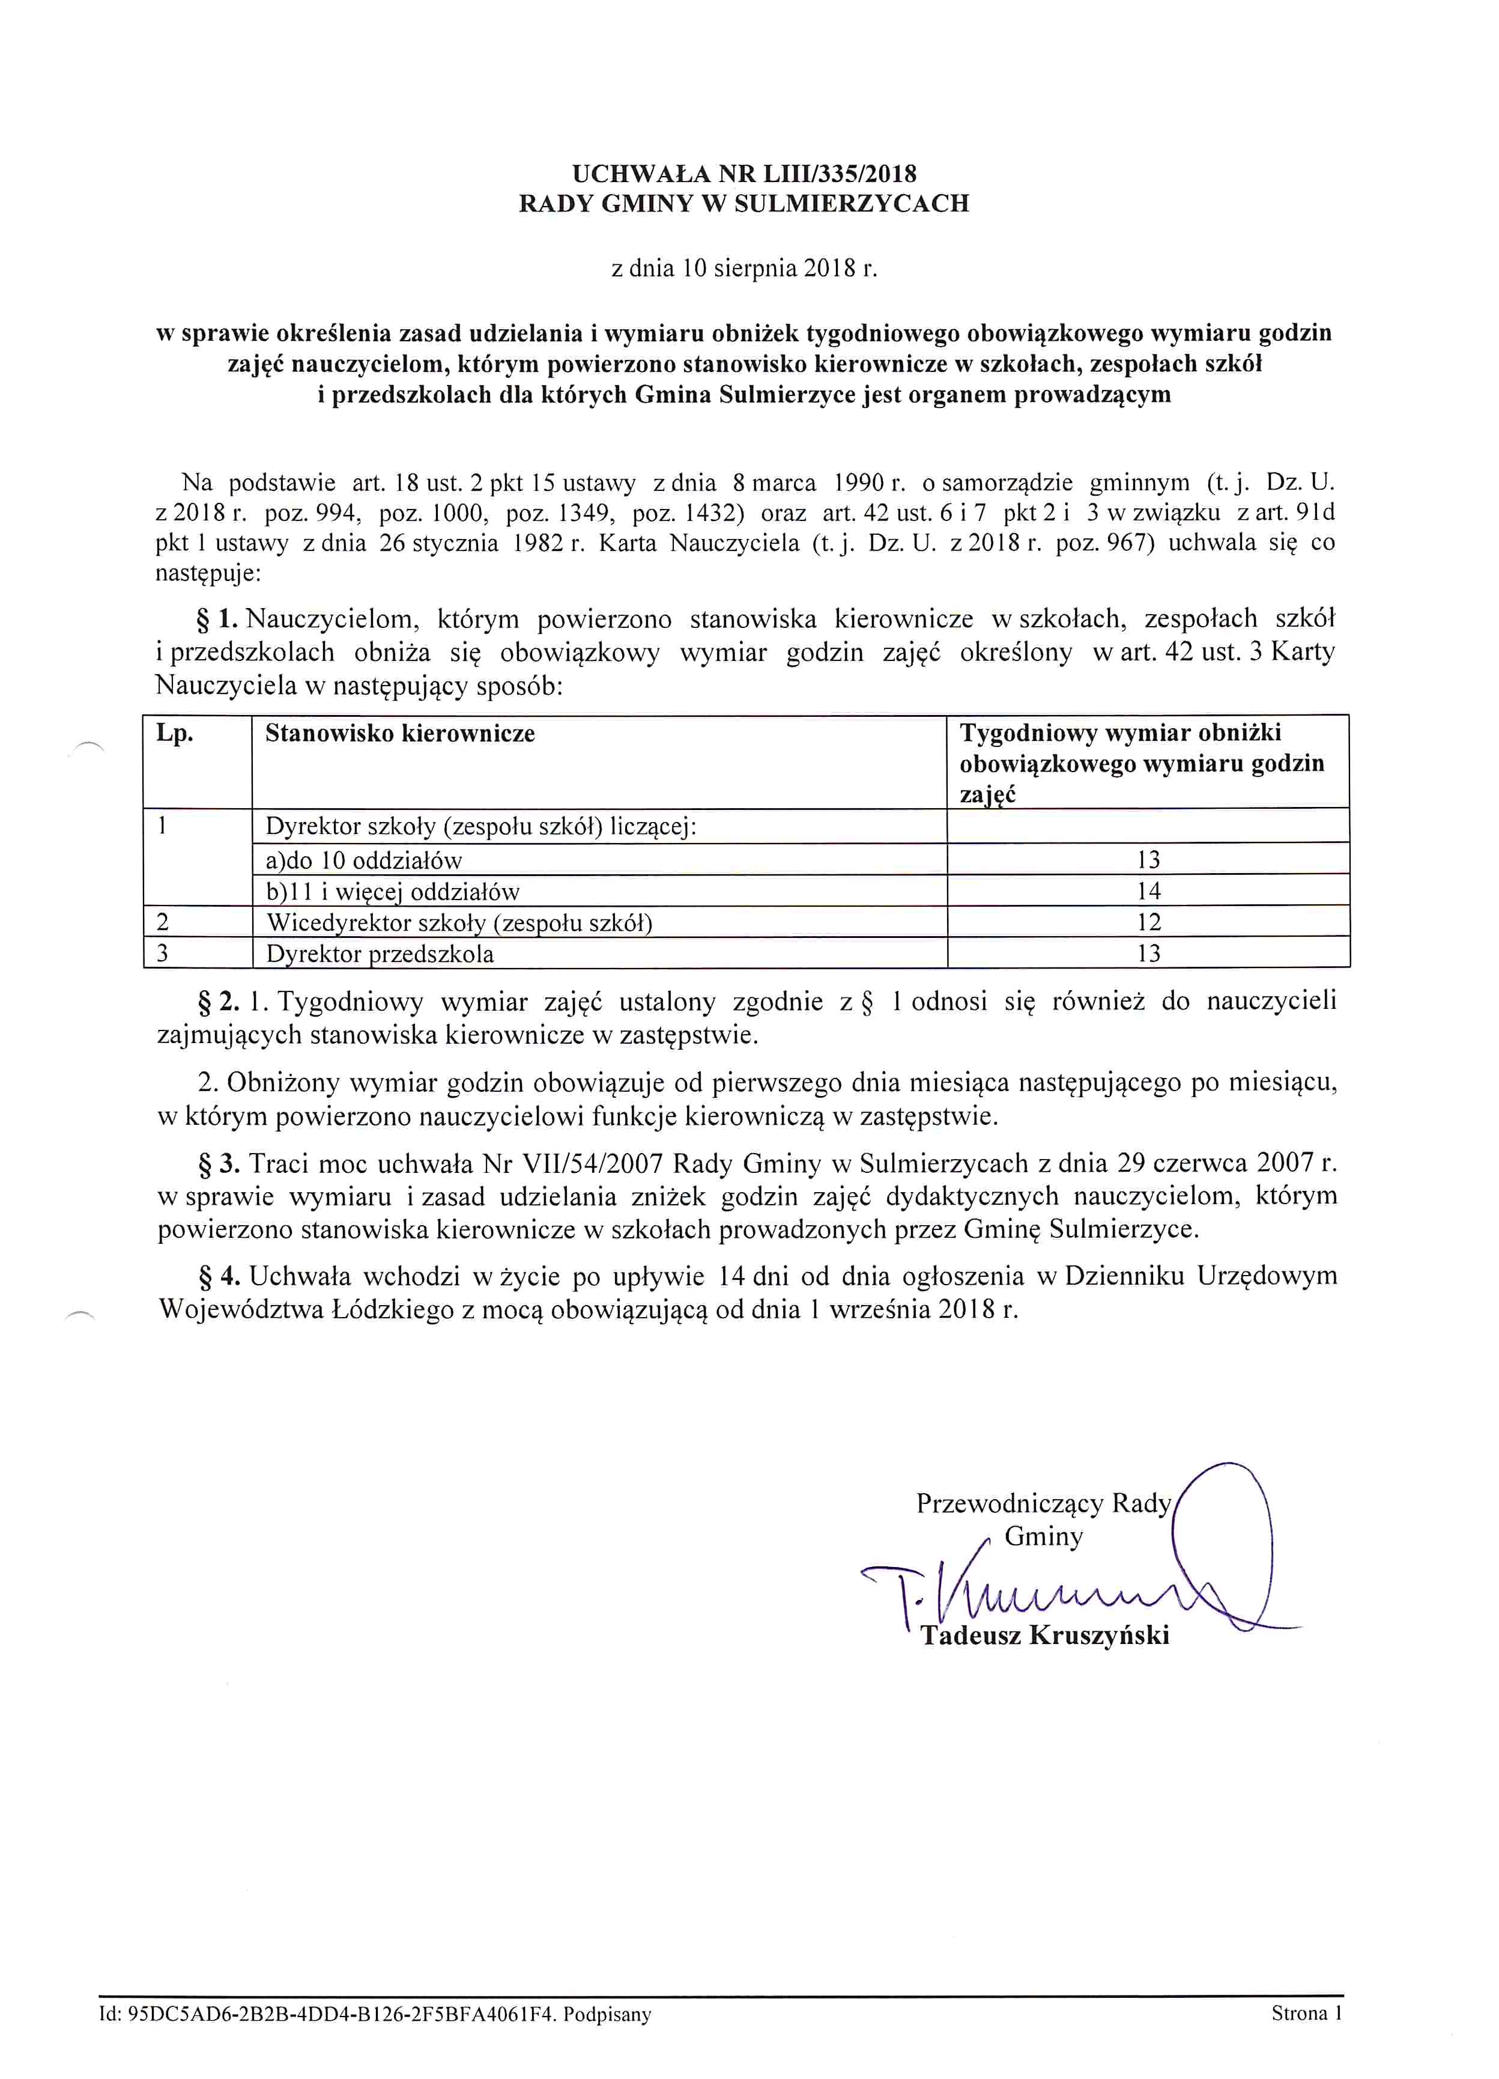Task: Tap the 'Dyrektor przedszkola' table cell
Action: click(380, 954)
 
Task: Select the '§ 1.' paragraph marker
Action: click(218, 619)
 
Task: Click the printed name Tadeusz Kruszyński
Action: click(1044, 1636)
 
